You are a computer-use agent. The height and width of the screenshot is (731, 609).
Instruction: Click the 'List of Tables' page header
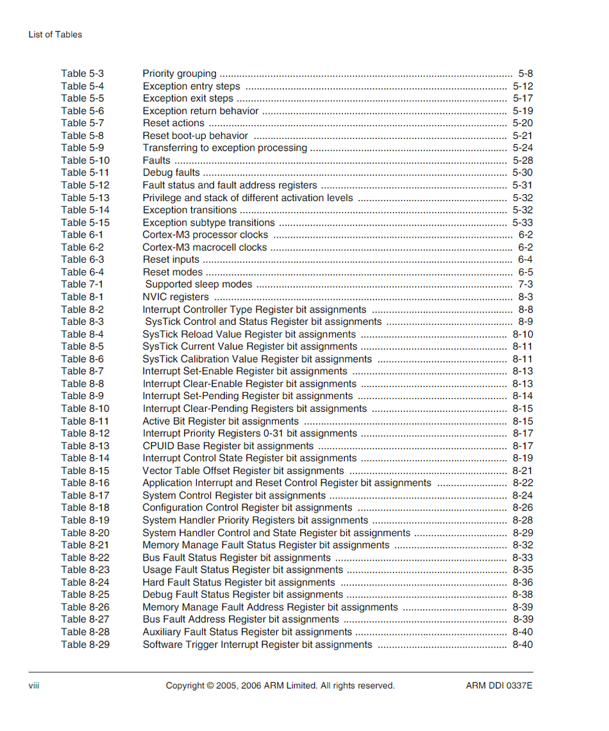[55, 35]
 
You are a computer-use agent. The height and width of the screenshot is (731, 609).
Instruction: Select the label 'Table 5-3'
[82, 74]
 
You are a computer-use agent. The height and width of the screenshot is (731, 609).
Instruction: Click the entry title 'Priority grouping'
[179, 74]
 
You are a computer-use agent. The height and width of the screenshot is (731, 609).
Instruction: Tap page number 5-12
[522, 86]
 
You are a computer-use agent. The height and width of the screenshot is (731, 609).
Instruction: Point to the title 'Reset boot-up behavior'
[195, 136]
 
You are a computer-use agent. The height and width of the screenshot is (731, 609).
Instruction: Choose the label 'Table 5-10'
[85, 160]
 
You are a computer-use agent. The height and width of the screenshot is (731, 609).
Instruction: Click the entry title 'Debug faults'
[171, 172]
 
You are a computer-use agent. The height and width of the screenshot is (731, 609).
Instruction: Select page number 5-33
[522, 222]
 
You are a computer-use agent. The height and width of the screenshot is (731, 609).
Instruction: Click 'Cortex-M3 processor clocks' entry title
[205, 234]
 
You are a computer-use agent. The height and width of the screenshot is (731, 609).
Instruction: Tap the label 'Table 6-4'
[82, 272]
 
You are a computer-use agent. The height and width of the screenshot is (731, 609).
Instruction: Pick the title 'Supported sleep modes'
[199, 284]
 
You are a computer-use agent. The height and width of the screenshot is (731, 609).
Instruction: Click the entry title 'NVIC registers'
[176, 297]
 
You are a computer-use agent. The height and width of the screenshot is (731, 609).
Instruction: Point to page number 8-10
[522, 334]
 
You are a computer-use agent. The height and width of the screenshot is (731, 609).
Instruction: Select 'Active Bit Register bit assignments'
[221, 421]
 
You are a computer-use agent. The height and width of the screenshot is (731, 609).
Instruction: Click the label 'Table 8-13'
[85, 446]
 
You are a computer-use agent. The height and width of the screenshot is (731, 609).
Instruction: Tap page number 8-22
[522, 483]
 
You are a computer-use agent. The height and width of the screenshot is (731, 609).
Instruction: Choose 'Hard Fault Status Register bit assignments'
[238, 582]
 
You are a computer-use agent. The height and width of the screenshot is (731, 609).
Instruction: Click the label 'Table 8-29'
[85, 645]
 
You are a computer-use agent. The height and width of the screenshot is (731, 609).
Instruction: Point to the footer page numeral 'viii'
[34, 686]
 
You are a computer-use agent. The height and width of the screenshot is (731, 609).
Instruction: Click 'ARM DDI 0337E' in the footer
[499, 686]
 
